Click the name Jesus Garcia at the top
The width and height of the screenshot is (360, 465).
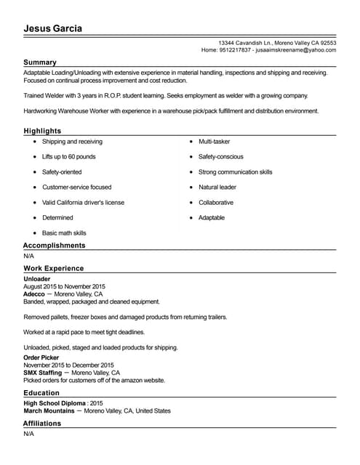53,28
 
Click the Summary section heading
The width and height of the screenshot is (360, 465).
40,62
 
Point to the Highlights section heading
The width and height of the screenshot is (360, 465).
42,131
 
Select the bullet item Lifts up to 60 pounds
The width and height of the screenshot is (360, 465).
69,157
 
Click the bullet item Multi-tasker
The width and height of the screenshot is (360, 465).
214,142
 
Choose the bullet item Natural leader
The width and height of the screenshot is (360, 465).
217,187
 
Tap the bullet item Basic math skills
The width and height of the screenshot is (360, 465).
64,233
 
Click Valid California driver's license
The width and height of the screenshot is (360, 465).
83,203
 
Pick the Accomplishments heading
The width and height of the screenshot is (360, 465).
54,246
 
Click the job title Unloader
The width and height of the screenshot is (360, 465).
37,279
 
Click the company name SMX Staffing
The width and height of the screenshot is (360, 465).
43,372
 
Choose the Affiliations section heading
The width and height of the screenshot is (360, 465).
42,423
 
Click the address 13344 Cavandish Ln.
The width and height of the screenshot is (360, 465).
248,43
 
